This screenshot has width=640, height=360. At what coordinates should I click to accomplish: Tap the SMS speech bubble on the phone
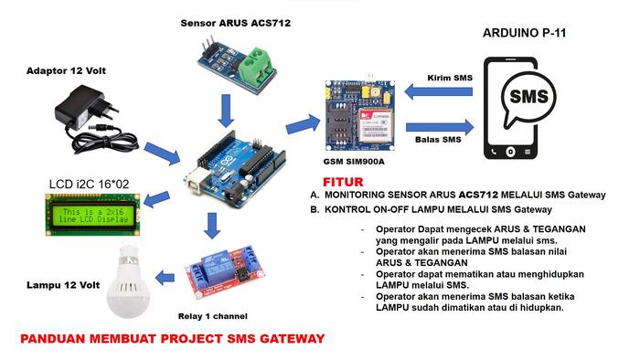click(x=528, y=98)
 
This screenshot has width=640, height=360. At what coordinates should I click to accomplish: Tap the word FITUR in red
click(x=342, y=180)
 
